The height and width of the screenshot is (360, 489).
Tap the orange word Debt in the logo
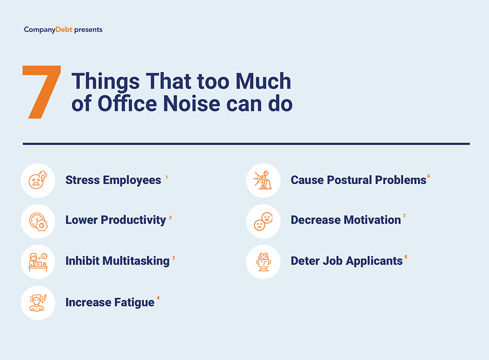[64, 30]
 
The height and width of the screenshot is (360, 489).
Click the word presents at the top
[88, 30]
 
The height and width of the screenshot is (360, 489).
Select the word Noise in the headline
[192, 104]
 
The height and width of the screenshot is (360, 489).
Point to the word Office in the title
[127, 103]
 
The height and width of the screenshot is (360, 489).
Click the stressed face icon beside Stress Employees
[38, 180]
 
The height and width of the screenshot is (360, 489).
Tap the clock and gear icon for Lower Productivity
[38, 222]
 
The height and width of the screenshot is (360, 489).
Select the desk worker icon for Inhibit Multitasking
[38, 262]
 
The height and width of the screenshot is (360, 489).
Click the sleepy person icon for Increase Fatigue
[38, 303]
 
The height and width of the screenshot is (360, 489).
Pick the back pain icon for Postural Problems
[263, 180]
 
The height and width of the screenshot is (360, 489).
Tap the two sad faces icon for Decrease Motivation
[263, 222]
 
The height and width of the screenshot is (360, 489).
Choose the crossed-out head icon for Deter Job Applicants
[264, 262]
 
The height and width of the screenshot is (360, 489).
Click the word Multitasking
[136, 261]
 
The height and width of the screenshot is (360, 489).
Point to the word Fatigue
[134, 303]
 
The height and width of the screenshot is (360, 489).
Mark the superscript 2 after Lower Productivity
[170, 217]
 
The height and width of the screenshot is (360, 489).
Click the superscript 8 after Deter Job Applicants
[406, 257]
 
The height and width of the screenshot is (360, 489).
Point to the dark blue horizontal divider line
[246, 144]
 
